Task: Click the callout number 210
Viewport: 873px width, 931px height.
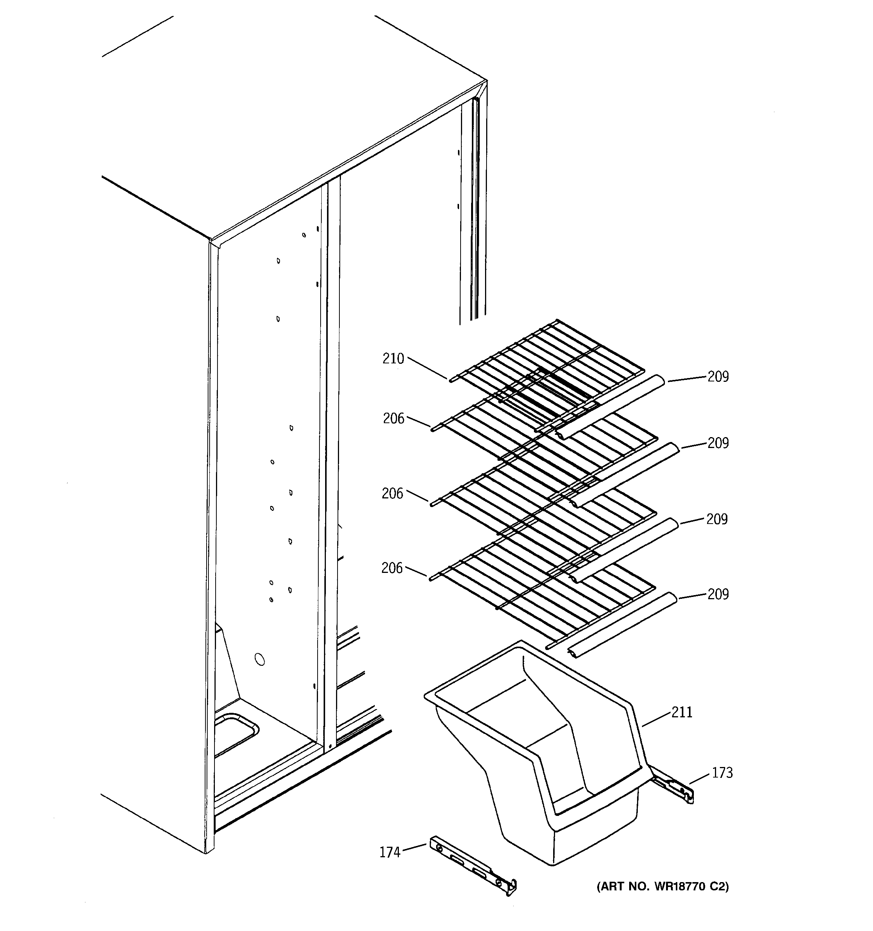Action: pos(393,359)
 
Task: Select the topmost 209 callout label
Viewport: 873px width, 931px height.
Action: pos(718,377)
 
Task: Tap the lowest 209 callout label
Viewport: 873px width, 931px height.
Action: pos(718,594)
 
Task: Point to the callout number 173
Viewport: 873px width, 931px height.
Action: pos(722,773)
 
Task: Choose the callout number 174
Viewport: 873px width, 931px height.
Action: pos(390,852)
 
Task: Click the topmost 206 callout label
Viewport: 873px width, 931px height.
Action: pos(393,418)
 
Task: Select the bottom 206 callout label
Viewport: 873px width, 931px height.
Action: pos(392,568)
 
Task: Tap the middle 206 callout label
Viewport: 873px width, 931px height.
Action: pos(392,493)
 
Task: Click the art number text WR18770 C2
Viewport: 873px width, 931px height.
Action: pos(663,887)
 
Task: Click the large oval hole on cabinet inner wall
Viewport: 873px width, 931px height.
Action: pos(259,659)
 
